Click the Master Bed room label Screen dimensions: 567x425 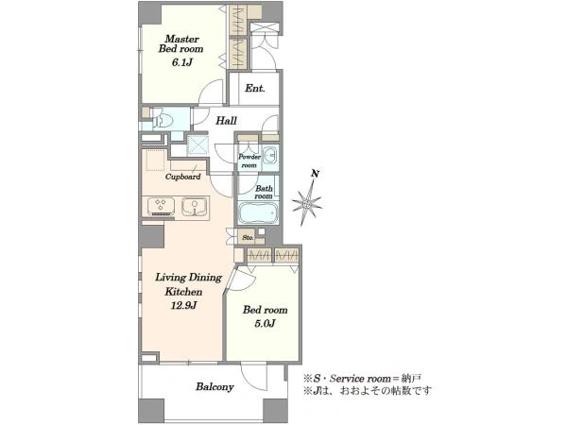pyautogui.click(x=180, y=43)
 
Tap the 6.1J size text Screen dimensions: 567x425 pyautogui.click(x=181, y=62)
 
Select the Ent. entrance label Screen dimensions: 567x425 pyautogui.click(x=255, y=88)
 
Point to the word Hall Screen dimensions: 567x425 pyautogui.click(x=227, y=120)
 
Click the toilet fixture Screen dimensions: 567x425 pyautogui.click(x=163, y=120)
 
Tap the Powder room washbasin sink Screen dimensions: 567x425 pyautogui.click(x=269, y=156)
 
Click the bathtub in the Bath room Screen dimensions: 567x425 pyautogui.click(x=258, y=213)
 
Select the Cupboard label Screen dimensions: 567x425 pyautogui.click(x=183, y=177)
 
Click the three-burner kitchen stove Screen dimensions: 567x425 pyautogui.click(x=162, y=207)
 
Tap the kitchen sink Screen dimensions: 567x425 pyautogui.click(x=194, y=207)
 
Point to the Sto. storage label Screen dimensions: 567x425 pyautogui.click(x=248, y=237)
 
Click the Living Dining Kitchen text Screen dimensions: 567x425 pyautogui.click(x=188, y=284)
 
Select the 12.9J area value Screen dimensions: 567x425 pyautogui.click(x=183, y=306)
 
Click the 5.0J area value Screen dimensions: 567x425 pyautogui.click(x=265, y=323)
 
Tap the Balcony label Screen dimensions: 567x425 pyautogui.click(x=215, y=387)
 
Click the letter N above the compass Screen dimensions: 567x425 pyautogui.click(x=316, y=174)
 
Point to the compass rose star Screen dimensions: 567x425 pyautogui.click(x=306, y=203)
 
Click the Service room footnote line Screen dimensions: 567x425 pyautogui.click(x=362, y=379)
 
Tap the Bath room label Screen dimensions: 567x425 pyautogui.click(x=264, y=192)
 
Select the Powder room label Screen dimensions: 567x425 pyautogui.click(x=249, y=161)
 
